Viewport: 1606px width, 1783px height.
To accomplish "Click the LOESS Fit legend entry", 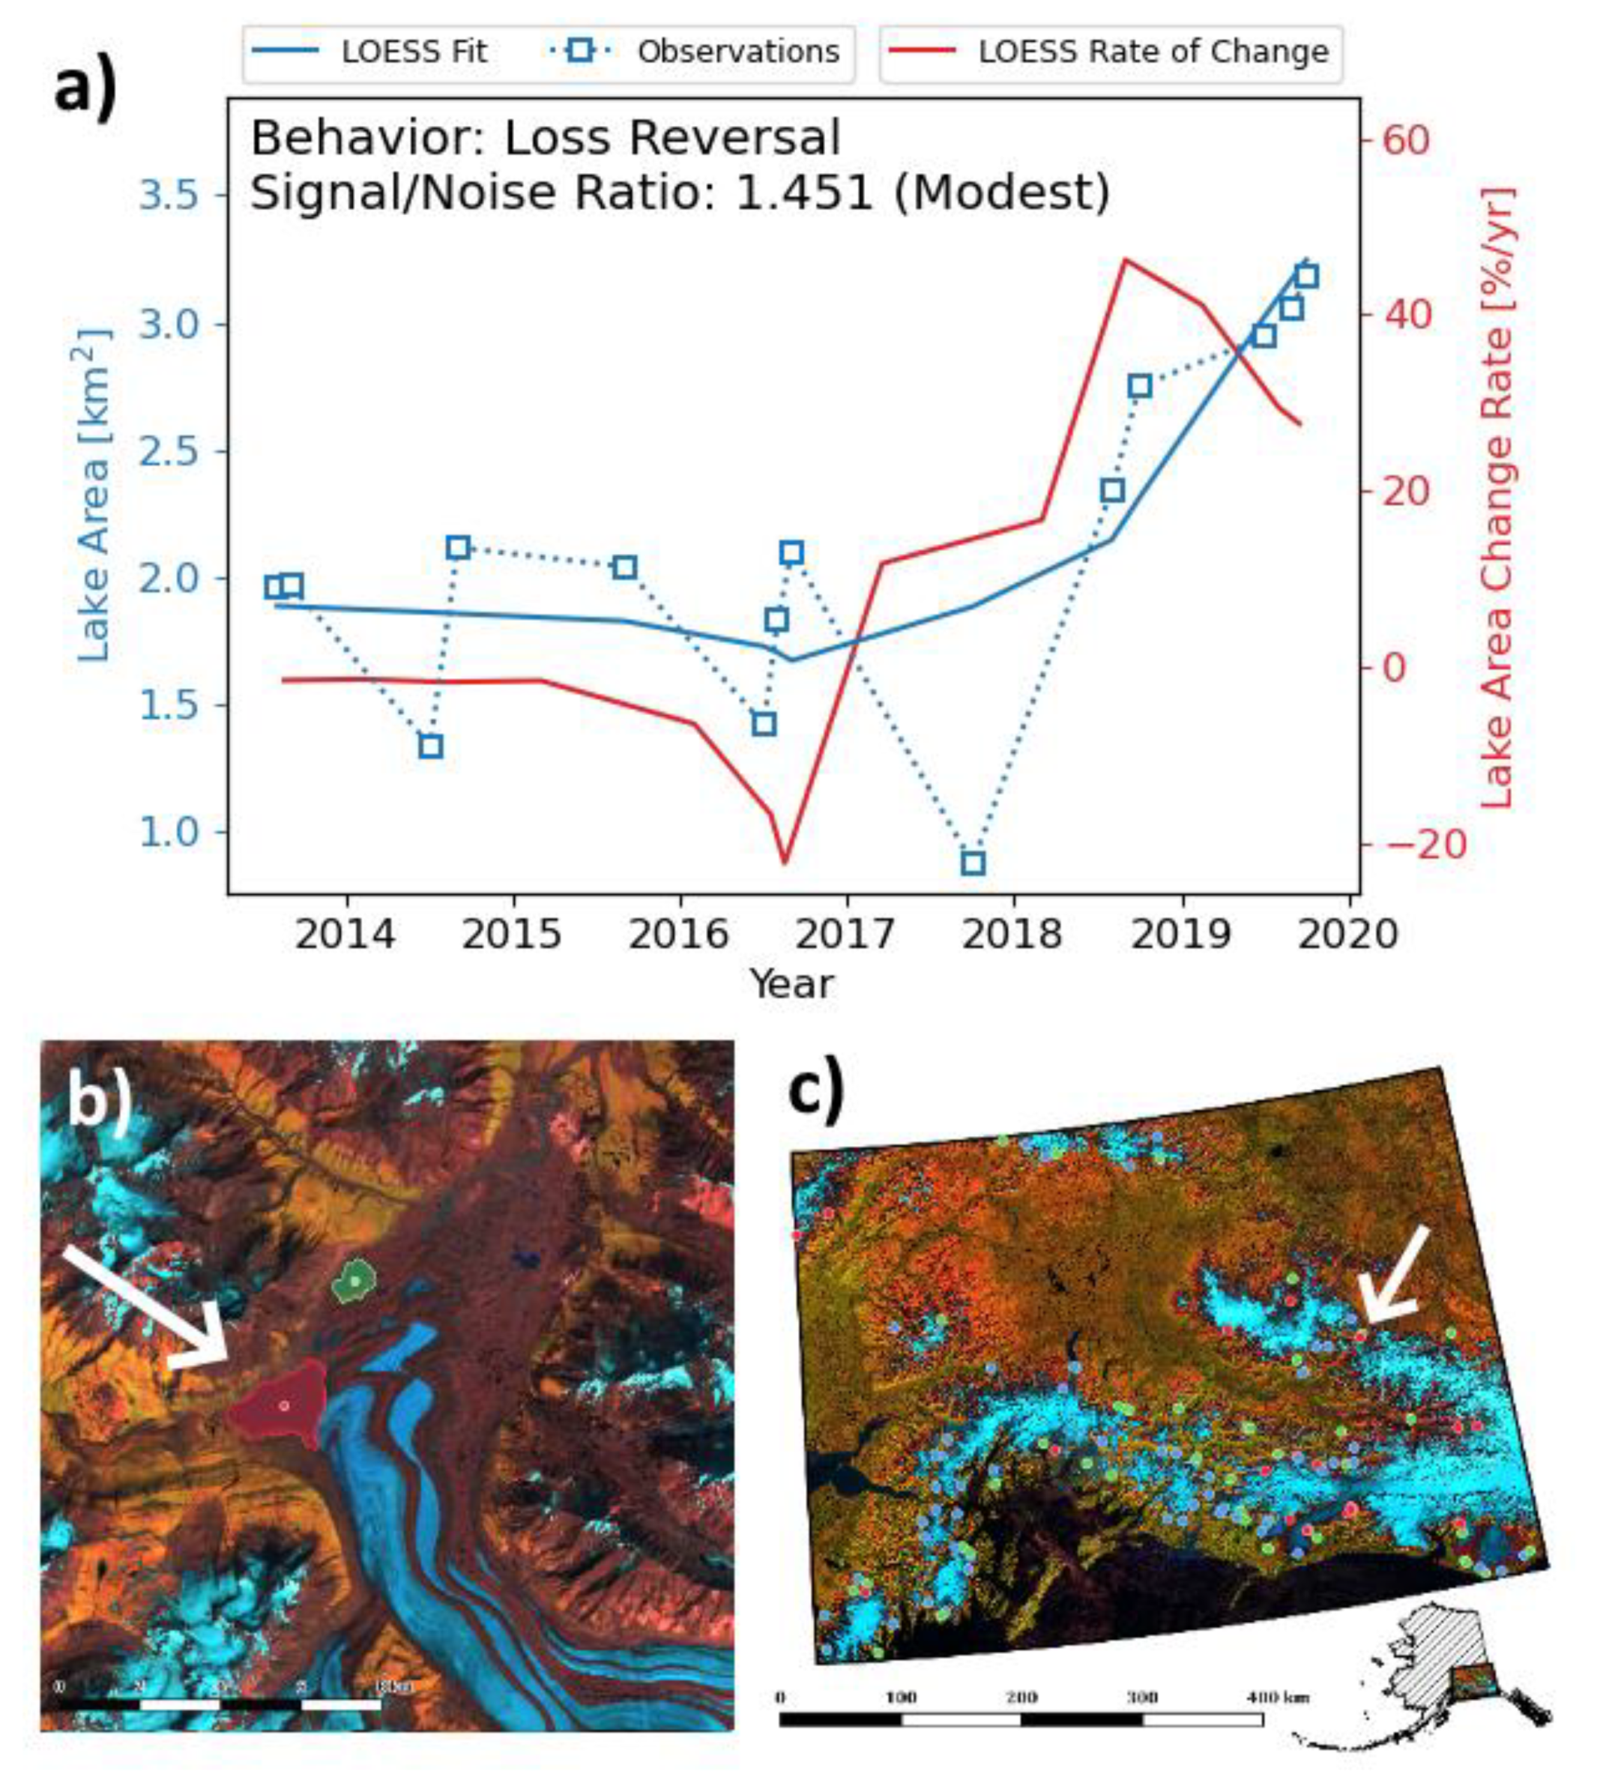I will coord(371,51).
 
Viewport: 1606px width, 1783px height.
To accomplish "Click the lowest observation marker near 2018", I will coord(973,863).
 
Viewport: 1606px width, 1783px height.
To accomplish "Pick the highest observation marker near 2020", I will coord(1307,277).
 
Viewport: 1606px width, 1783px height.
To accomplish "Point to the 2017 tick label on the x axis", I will coord(847,934).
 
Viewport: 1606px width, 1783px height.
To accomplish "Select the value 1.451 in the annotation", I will coord(804,193).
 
